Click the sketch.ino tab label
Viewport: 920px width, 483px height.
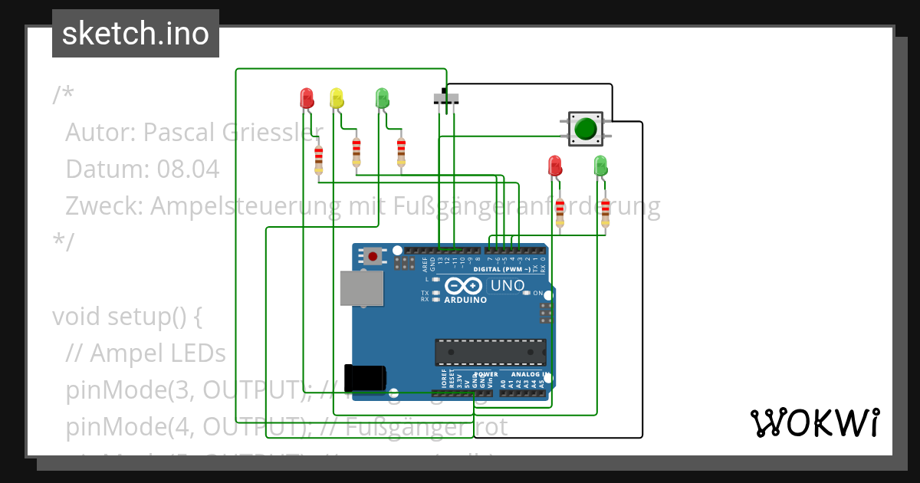point(135,34)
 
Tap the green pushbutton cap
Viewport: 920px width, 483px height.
point(586,128)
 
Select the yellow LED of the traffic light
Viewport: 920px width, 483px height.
point(336,97)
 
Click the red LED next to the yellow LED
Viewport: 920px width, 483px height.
point(307,97)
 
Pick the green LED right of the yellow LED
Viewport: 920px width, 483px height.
point(382,97)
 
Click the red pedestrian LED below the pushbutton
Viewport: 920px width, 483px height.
point(555,165)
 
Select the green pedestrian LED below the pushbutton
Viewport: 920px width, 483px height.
point(600,165)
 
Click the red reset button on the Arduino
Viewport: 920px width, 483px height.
point(373,256)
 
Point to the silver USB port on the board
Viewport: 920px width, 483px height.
point(362,288)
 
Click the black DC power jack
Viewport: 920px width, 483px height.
point(365,377)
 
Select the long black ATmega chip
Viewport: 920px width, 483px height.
point(491,352)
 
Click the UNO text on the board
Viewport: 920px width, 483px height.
point(508,286)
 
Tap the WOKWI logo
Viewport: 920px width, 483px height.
point(814,422)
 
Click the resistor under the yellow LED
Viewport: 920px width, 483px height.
point(356,152)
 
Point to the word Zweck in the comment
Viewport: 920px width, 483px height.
point(103,206)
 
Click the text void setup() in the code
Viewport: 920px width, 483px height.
point(127,316)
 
